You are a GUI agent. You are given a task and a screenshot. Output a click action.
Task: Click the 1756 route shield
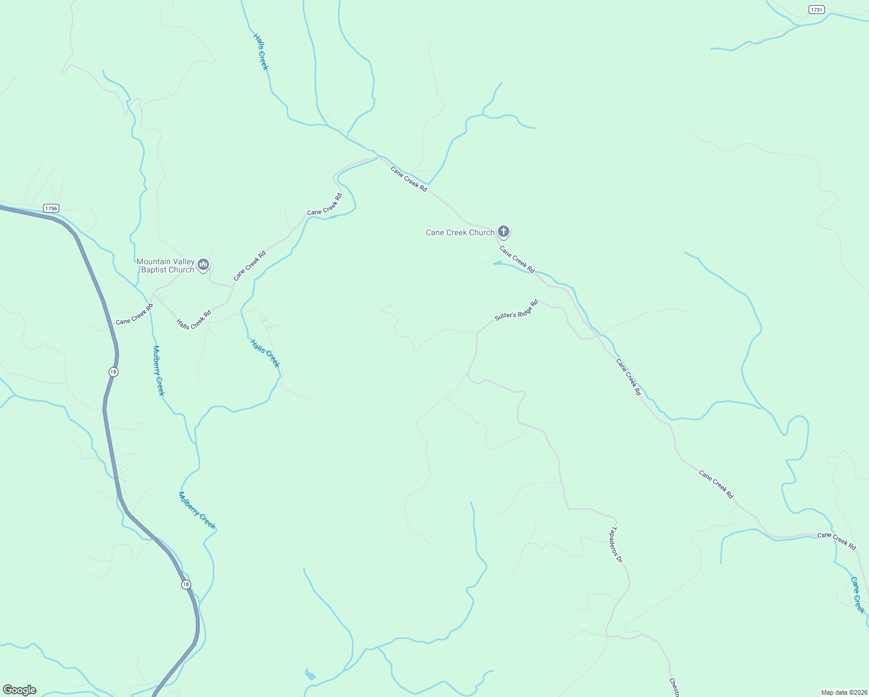tap(51, 208)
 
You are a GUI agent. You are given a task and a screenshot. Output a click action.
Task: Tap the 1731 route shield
tap(817, 9)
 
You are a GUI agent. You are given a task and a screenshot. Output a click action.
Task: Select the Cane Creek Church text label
tap(459, 232)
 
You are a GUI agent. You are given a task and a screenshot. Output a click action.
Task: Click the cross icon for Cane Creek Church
tap(503, 232)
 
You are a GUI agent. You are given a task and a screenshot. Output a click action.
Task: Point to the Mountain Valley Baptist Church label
tap(166, 265)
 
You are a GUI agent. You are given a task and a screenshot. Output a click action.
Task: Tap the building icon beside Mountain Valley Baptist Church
tap(203, 265)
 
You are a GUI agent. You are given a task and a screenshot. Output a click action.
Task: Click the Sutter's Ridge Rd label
tap(516, 310)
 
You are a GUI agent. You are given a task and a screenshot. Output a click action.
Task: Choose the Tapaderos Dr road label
tap(616, 545)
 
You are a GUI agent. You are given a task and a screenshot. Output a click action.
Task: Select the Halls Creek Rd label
tap(194, 320)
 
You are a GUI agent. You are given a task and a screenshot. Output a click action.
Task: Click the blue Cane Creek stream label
tap(857, 595)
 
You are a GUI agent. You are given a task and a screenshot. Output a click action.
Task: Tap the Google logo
tap(20, 690)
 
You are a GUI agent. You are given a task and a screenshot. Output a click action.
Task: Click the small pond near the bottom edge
tap(310, 674)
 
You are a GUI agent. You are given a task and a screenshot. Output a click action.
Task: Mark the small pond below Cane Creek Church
tap(497, 263)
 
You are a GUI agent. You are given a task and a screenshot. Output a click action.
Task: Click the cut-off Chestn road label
tap(674, 687)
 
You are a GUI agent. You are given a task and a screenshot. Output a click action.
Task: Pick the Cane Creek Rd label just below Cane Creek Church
tap(517, 259)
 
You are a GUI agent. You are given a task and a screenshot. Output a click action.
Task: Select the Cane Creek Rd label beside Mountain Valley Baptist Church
tap(250, 265)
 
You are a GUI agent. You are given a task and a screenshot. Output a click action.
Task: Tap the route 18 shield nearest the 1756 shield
tap(113, 372)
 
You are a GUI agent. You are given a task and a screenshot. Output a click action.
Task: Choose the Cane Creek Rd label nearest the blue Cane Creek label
tap(836, 540)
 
